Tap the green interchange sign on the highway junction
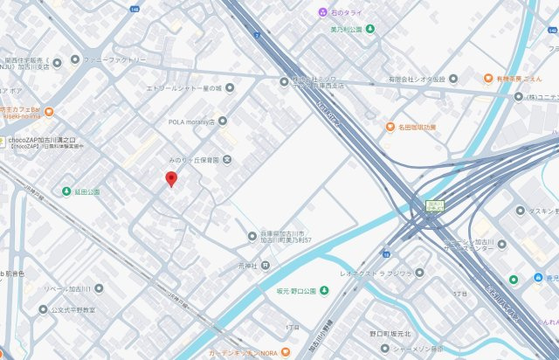point(434,206)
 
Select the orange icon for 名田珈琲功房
point(390,127)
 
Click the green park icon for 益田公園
point(66,190)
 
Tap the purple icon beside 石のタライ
point(322,12)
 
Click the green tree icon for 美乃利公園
point(369,29)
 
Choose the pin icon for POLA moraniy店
point(223,121)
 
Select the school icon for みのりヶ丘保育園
point(227,159)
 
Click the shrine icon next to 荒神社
point(252,265)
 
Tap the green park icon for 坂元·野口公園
point(323,289)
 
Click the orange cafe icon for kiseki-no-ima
point(49,111)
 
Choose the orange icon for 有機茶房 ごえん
point(489,78)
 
